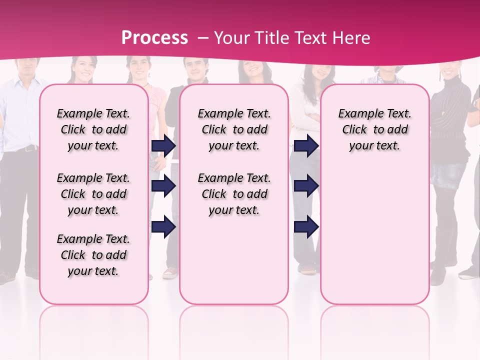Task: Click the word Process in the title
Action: pos(154,38)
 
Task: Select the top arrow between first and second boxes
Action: pos(163,145)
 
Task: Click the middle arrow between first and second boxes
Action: pos(163,186)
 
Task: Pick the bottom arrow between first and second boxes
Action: pos(163,226)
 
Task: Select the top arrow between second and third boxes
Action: pos(306,145)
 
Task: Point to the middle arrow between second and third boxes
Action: pos(306,186)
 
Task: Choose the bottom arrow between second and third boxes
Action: pos(306,226)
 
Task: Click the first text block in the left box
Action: pos(93,129)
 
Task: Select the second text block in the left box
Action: pos(93,194)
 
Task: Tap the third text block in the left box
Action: pos(93,255)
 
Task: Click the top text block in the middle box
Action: pos(234,129)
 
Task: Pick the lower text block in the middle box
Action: pos(234,194)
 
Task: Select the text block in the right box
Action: pos(374,129)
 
